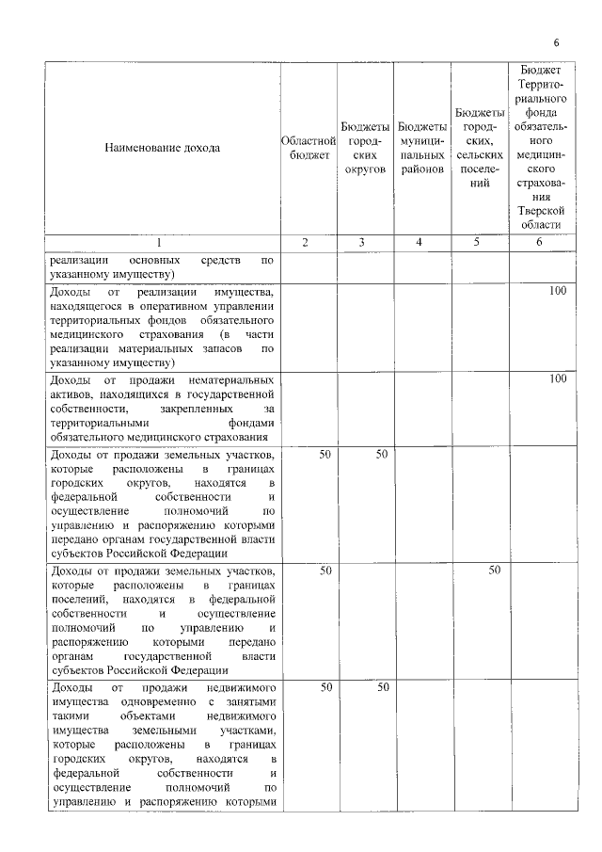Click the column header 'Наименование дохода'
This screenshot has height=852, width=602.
pos(162,148)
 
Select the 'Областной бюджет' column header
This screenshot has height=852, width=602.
pos(306,148)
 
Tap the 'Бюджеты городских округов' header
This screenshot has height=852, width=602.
pos(362,148)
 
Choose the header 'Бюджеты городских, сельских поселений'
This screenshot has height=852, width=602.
pos(480,148)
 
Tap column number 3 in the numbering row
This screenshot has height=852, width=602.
pos(362,243)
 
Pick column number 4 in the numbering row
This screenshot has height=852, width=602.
pos(420,243)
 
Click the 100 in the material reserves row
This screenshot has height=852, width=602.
pos(558,292)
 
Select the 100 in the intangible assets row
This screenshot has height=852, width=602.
pos(558,378)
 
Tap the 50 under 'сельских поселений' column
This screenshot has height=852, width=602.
pos(494,571)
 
